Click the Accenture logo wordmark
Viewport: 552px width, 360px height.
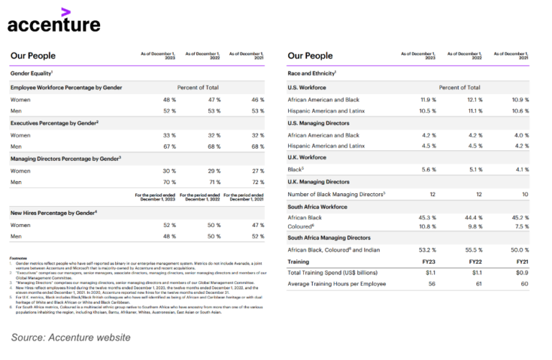click(x=54, y=24)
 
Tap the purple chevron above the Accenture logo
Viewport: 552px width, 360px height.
click(x=66, y=10)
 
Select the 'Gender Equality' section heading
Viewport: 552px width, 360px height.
click(x=32, y=73)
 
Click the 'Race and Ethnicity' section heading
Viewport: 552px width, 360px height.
click(x=311, y=73)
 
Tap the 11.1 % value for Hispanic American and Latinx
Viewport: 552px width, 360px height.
click(x=475, y=111)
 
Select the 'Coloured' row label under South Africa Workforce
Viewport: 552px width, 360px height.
click(x=302, y=226)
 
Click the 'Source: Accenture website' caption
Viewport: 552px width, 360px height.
click(x=70, y=338)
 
